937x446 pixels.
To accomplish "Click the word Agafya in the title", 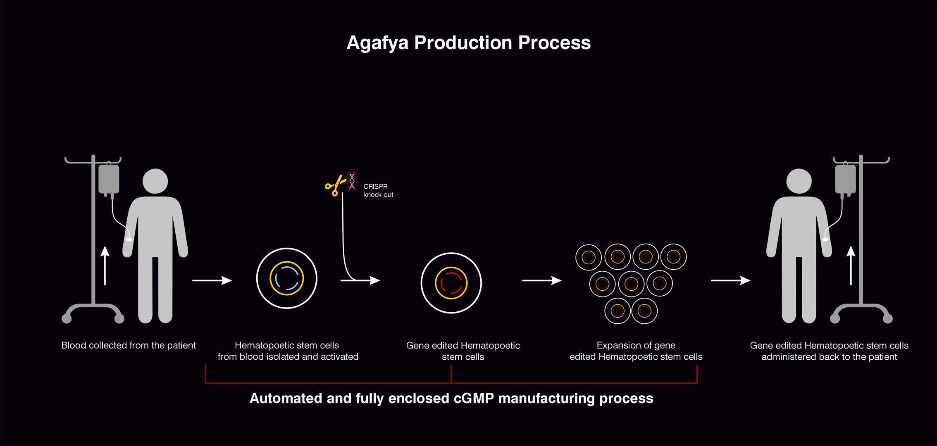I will pyautogui.click(x=378, y=43).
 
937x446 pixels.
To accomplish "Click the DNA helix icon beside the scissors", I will pyautogui.click(x=352, y=181).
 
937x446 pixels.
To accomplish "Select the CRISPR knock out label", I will pyautogui.click(x=378, y=190).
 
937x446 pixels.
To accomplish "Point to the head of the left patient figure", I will pyautogui.click(x=155, y=181).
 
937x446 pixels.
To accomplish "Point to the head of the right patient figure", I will pyautogui.click(x=799, y=181).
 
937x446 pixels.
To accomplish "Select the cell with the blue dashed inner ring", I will pyautogui.click(x=286, y=278).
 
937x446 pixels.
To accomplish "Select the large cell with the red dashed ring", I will pyautogui.click(x=451, y=283).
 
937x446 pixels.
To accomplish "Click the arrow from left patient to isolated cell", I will pyautogui.click(x=212, y=280).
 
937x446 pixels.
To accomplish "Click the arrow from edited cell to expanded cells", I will pyautogui.click(x=541, y=280).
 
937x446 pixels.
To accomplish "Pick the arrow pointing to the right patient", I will pyautogui.click(x=730, y=280).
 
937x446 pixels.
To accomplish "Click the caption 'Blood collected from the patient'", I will pyautogui.click(x=129, y=345).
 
